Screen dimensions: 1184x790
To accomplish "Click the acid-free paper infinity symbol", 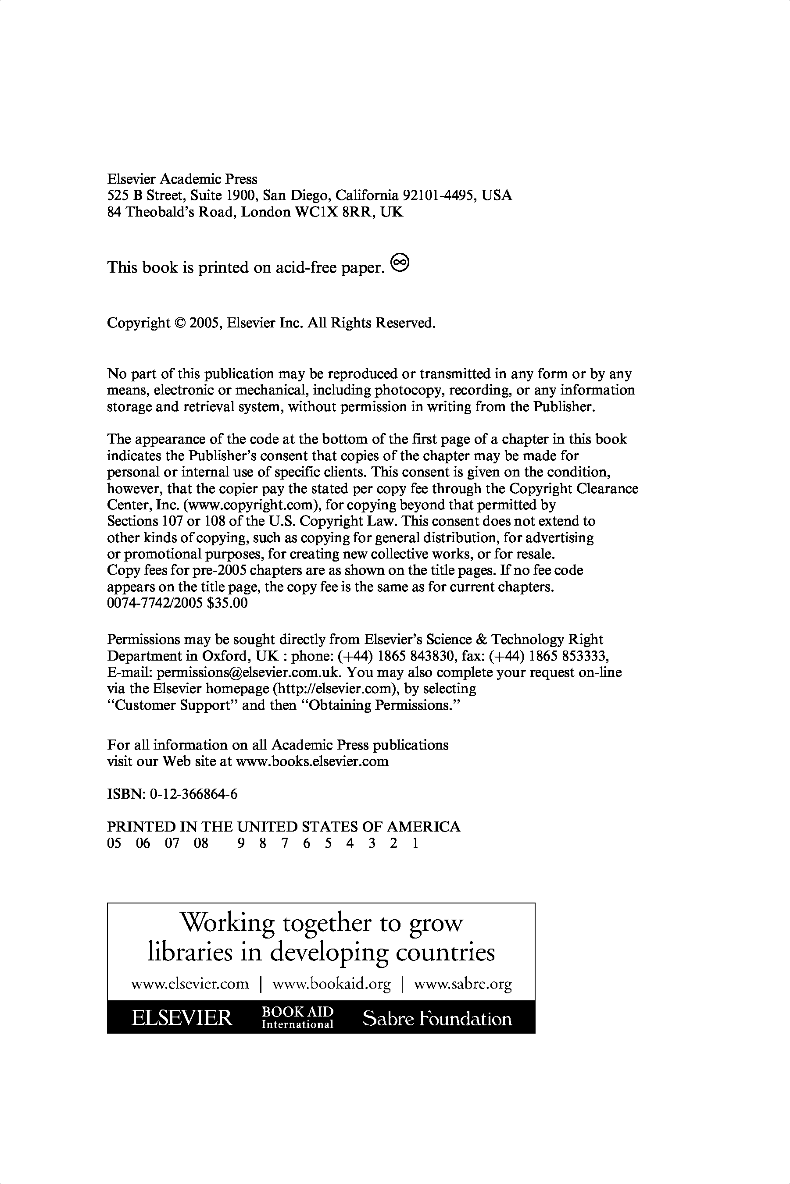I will [x=400, y=262].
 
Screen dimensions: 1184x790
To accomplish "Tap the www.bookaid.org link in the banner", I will [x=332, y=984].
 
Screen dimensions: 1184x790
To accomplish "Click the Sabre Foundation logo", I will [x=437, y=1018].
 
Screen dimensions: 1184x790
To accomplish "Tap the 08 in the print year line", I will [x=201, y=843].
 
